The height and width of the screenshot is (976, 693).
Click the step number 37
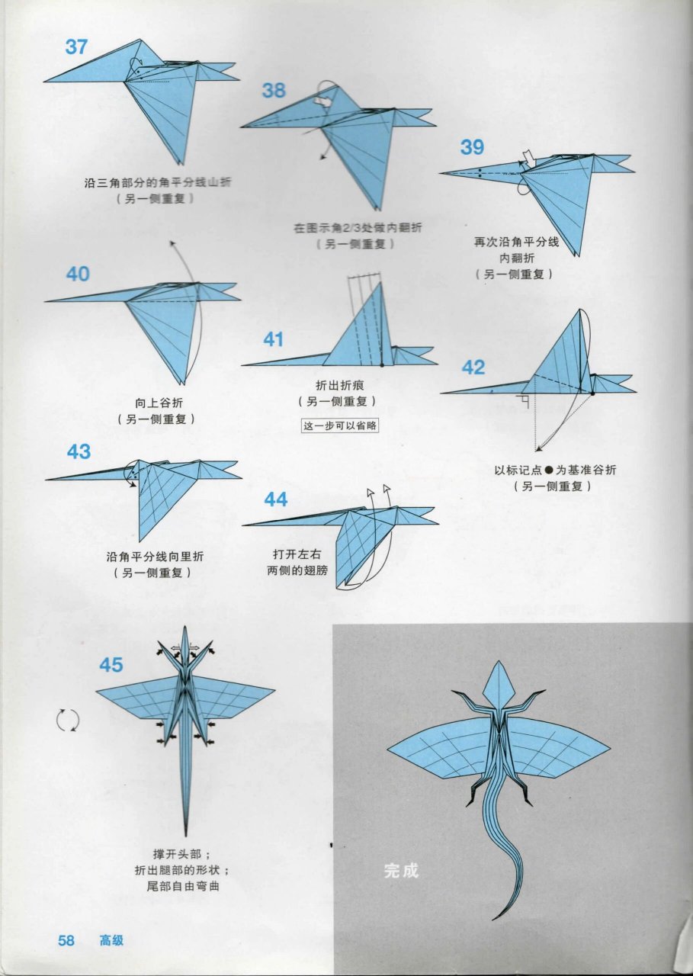(x=76, y=46)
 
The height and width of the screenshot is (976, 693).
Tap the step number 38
(x=274, y=90)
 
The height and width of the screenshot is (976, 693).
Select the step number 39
(x=473, y=146)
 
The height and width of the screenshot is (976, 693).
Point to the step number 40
(x=78, y=274)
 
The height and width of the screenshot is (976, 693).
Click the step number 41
(x=274, y=339)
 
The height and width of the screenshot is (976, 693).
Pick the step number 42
(x=473, y=368)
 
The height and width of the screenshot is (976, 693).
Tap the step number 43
(x=79, y=451)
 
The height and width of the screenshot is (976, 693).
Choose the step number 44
(x=276, y=499)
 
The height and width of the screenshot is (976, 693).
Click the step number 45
(x=111, y=665)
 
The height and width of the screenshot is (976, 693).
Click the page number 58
(x=66, y=940)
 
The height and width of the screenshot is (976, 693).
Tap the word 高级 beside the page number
(x=111, y=940)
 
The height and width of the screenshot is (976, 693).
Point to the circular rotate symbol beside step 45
(x=68, y=720)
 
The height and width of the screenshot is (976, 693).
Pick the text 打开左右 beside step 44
(x=290, y=554)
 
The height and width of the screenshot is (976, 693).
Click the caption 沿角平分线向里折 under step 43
(x=155, y=557)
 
